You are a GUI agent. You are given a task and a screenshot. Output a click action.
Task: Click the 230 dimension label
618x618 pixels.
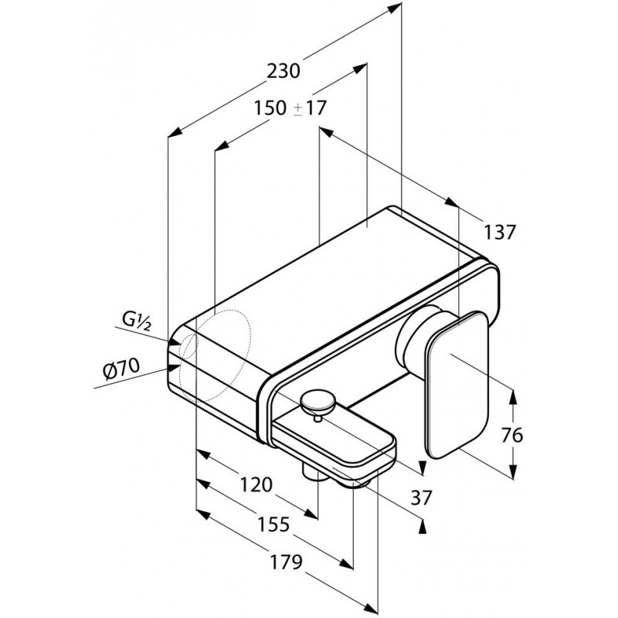pos(284,72)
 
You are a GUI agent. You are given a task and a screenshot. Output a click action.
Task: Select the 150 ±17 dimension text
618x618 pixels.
pos(290,108)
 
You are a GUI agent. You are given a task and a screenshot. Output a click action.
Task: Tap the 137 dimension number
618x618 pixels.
pos(499,233)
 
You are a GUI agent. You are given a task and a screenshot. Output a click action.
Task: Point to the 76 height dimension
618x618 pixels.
pos(512,436)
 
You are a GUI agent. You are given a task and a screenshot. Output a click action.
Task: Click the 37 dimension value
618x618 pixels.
pos(421,497)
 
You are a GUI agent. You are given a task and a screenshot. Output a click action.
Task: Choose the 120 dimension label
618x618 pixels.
pos(256,484)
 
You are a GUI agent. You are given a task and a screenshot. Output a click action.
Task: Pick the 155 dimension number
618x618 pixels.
pos(273,525)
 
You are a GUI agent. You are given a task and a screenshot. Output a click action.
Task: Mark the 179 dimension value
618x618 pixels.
pos(287,562)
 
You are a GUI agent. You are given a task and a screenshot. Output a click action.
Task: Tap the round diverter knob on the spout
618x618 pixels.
pos(317,402)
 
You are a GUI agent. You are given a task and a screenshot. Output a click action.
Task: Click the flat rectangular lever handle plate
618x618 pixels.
pos(457,385)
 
